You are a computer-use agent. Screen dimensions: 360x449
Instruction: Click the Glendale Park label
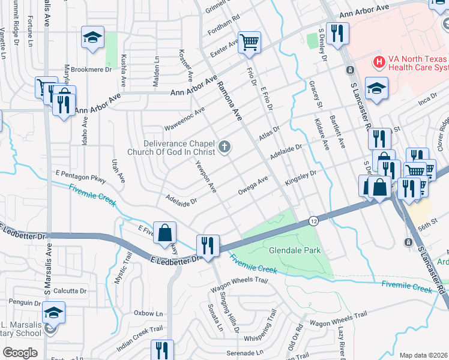(x=295, y=250)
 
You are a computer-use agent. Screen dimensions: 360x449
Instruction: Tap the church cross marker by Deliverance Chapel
(x=224, y=147)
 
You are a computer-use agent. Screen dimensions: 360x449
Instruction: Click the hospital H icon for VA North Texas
(x=379, y=61)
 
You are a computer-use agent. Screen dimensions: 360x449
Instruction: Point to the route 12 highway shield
(x=313, y=221)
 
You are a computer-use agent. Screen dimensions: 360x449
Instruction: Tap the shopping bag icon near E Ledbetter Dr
(x=164, y=233)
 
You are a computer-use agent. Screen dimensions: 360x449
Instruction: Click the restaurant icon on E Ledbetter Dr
(x=208, y=245)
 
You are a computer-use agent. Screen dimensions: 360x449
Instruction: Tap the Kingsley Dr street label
(x=300, y=177)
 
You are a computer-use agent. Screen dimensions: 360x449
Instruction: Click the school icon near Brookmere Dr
(x=92, y=38)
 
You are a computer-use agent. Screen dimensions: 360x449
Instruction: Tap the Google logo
(x=20, y=353)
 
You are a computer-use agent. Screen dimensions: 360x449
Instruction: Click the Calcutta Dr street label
(x=70, y=291)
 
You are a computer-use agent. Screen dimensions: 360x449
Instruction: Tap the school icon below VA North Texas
(x=376, y=89)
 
